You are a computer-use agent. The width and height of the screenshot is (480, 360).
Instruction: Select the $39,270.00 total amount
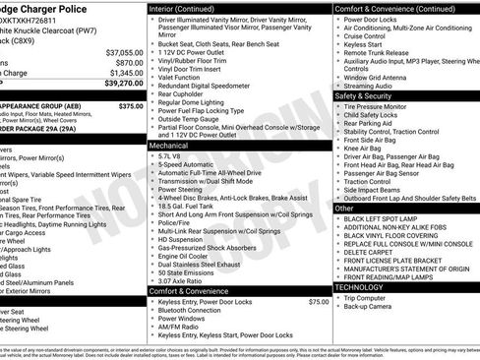coord(118,83)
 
